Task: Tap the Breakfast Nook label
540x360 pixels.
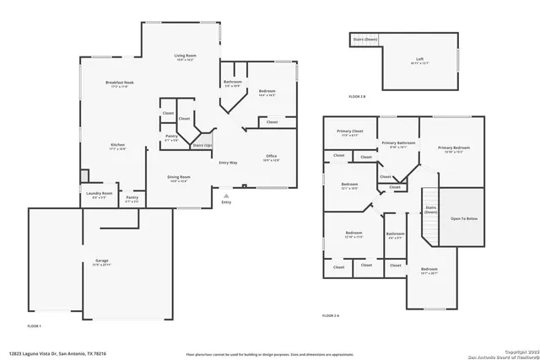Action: (120, 83)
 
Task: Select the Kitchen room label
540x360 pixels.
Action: (117, 145)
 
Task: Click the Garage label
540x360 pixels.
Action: (101, 261)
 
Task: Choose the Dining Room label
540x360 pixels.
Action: (179, 177)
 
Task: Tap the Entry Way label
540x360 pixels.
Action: (228, 162)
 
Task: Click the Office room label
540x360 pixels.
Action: (272, 156)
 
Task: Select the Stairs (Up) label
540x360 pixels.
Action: (202, 145)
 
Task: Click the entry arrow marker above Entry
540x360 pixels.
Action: (225, 195)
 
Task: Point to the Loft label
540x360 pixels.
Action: (419, 59)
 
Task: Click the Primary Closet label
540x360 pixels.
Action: (349, 132)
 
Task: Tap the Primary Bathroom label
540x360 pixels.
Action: (398, 143)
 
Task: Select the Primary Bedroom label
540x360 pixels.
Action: (454, 148)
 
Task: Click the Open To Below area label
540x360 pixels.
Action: (463, 218)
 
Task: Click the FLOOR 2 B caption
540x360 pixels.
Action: (359, 97)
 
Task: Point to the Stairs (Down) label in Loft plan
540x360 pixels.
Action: (364, 39)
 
